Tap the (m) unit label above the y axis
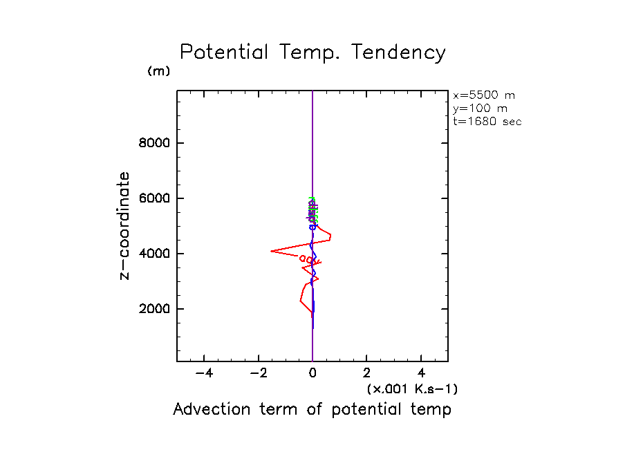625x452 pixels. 158,71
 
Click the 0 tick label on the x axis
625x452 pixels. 312,373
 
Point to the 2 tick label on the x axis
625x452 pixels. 367,373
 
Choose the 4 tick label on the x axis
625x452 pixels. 422,373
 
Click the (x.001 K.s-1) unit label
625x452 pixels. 412,389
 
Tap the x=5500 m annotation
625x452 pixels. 483,95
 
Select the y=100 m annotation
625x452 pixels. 478,109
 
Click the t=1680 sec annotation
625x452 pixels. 487,122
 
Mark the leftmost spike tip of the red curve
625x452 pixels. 271,252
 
